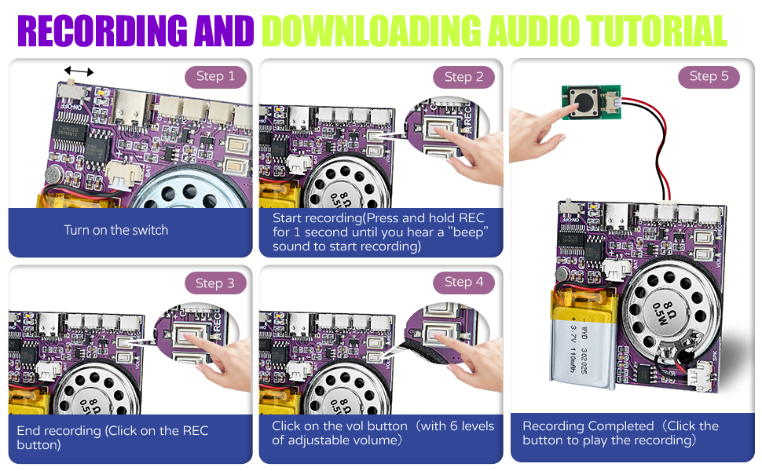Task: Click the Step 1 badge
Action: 215,76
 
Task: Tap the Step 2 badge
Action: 463,77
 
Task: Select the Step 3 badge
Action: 215,283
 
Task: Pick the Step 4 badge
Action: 463,282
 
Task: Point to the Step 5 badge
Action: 709,76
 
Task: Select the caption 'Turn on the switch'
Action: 116,230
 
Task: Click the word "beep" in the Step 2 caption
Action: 469,232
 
